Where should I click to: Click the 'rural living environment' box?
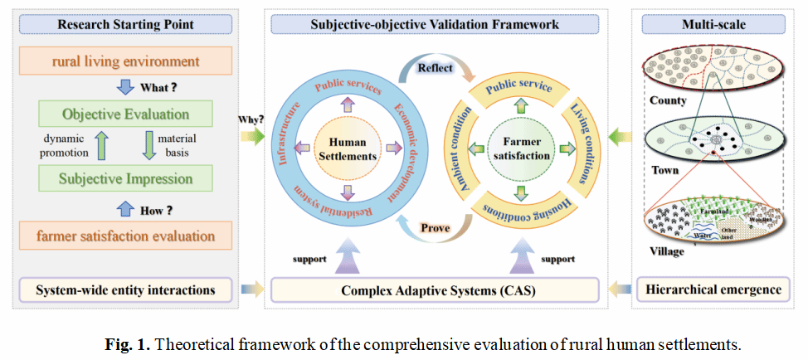(125, 61)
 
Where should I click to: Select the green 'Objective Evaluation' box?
(125, 114)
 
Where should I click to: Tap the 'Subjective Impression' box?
(125, 178)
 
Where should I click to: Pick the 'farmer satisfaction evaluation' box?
(125, 236)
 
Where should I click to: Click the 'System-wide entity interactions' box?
(125, 289)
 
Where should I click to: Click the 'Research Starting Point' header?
(125, 25)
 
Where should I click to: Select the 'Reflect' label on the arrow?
(436, 67)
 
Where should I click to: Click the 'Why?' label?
(249, 119)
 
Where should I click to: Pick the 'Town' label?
(663, 170)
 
